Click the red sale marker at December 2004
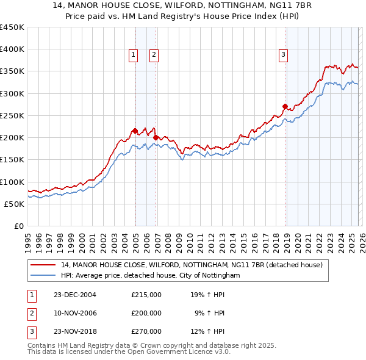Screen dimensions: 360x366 [135, 131]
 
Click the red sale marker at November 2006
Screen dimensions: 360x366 [156, 137]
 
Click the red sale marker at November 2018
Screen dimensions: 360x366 [285, 106]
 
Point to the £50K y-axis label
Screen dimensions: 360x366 [14, 204]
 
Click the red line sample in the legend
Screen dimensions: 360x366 [43, 265]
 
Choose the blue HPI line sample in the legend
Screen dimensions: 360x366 [43, 276]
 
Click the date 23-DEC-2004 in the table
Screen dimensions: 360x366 [75, 295]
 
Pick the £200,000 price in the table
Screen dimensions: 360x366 [146, 313]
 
